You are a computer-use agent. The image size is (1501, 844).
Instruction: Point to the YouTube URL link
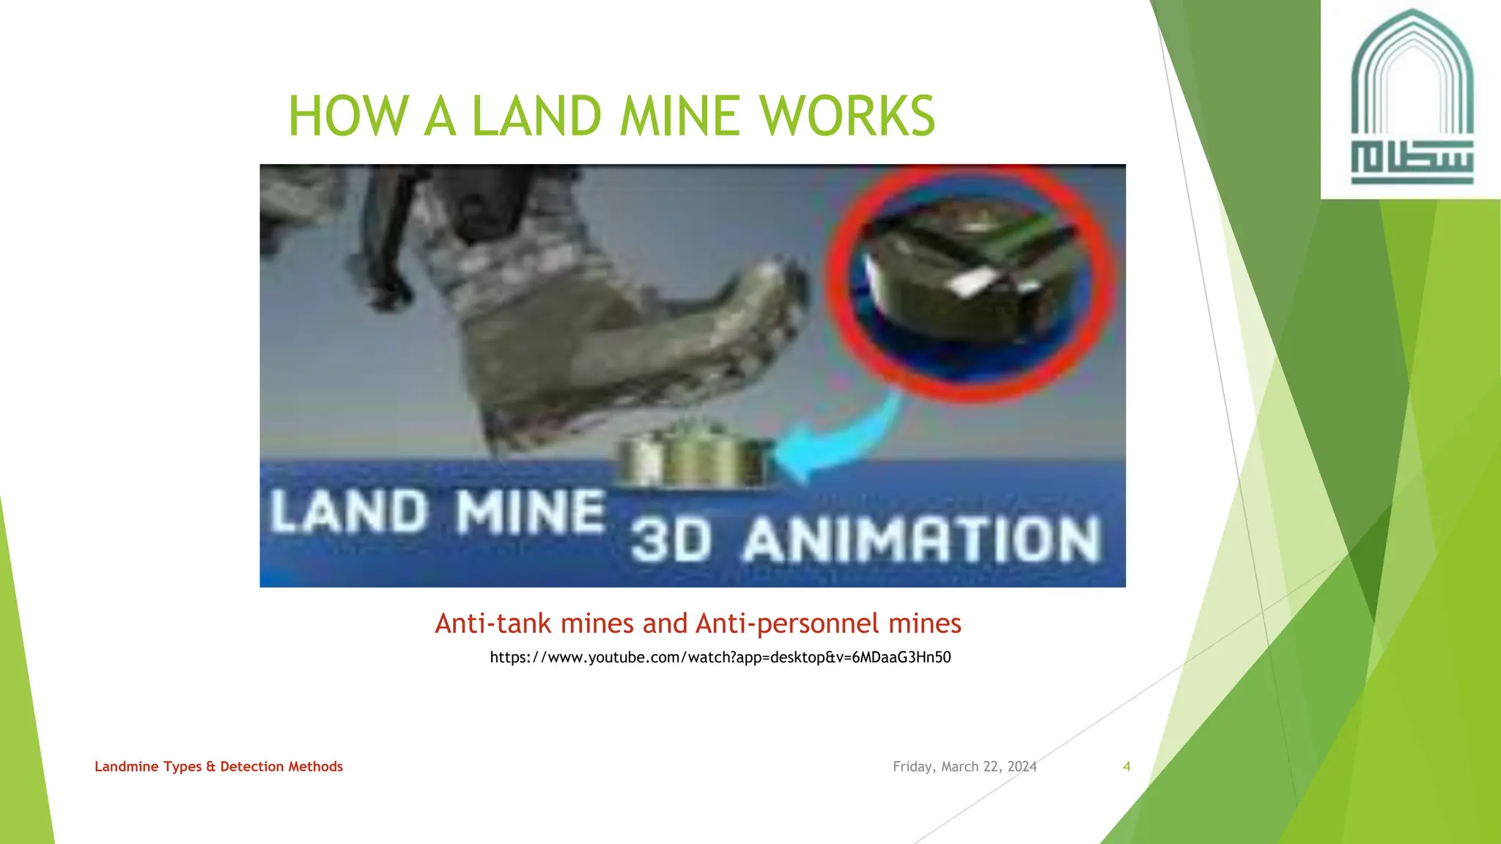point(720,657)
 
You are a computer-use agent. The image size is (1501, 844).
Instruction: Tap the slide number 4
point(1126,766)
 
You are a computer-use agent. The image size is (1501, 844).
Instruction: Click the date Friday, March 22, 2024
point(965,766)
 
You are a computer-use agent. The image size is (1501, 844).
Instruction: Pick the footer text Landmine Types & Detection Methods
point(218,766)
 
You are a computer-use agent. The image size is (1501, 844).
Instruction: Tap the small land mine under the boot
point(693,458)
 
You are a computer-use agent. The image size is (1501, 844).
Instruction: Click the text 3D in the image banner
point(671,541)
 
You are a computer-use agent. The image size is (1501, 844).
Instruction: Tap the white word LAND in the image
point(349,511)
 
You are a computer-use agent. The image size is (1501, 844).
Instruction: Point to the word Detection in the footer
point(252,766)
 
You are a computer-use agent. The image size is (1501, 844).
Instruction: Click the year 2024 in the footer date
point(1022,766)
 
